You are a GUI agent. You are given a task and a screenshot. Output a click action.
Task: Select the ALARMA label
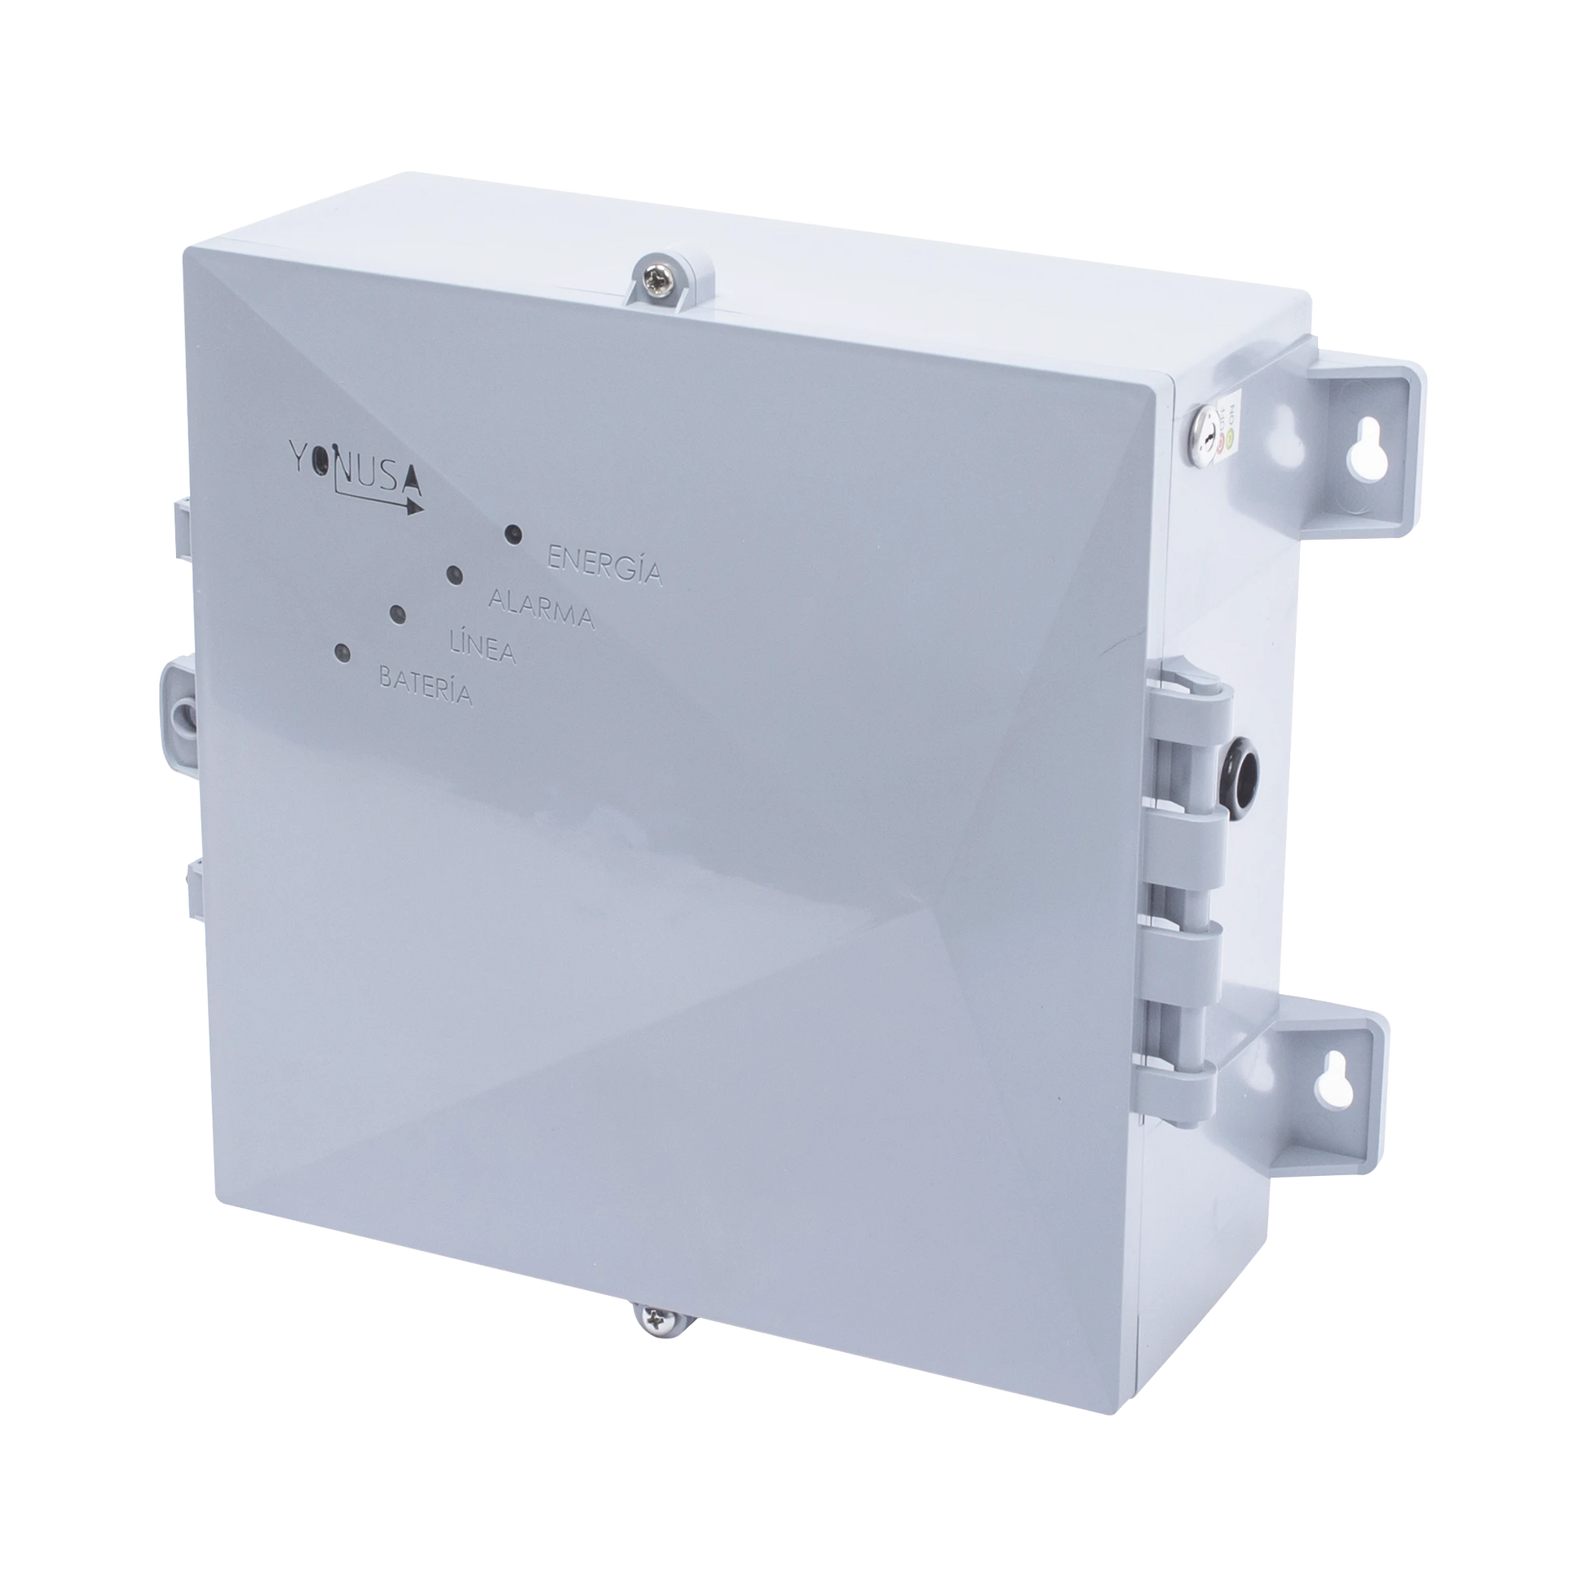(x=541, y=608)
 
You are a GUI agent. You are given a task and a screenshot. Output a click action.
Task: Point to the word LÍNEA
(x=483, y=649)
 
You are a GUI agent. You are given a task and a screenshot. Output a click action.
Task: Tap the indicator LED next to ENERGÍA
(x=514, y=533)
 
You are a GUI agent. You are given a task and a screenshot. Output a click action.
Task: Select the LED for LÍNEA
(x=398, y=613)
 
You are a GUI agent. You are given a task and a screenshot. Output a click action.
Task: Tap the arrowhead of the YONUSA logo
(x=414, y=506)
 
